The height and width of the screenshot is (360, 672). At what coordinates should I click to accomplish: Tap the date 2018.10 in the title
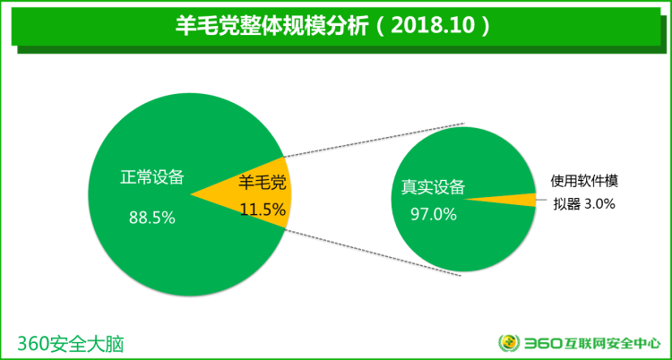430,25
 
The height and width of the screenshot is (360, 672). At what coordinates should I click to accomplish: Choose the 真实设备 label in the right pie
433,186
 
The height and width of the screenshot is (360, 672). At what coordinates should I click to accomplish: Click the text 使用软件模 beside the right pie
585,180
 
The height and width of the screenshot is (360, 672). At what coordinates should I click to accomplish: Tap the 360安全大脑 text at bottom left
70,343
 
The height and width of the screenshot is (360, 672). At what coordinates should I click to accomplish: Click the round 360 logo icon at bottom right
508,343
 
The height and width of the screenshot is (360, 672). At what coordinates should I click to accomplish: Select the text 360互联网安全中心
591,343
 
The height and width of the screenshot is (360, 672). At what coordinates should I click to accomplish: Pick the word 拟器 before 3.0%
567,204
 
